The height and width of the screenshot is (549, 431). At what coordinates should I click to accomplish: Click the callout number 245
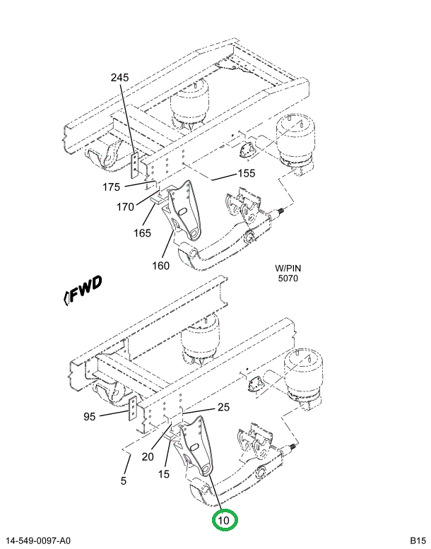coord(119,78)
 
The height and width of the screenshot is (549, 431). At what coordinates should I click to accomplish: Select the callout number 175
coord(112,187)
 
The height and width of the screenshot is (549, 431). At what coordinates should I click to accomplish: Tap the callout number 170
coord(125,208)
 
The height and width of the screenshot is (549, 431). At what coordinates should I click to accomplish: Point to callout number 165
coord(141,232)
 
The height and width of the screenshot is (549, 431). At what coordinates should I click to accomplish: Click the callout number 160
coord(160,266)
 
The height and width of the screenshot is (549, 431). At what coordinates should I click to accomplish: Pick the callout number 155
coord(246,173)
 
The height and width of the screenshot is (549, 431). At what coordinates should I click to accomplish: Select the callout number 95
coord(89,416)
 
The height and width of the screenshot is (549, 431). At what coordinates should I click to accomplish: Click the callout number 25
coord(223,407)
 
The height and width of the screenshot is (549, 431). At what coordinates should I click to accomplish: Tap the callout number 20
coord(147,456)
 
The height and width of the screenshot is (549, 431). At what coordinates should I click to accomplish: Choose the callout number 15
coord(163,474)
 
